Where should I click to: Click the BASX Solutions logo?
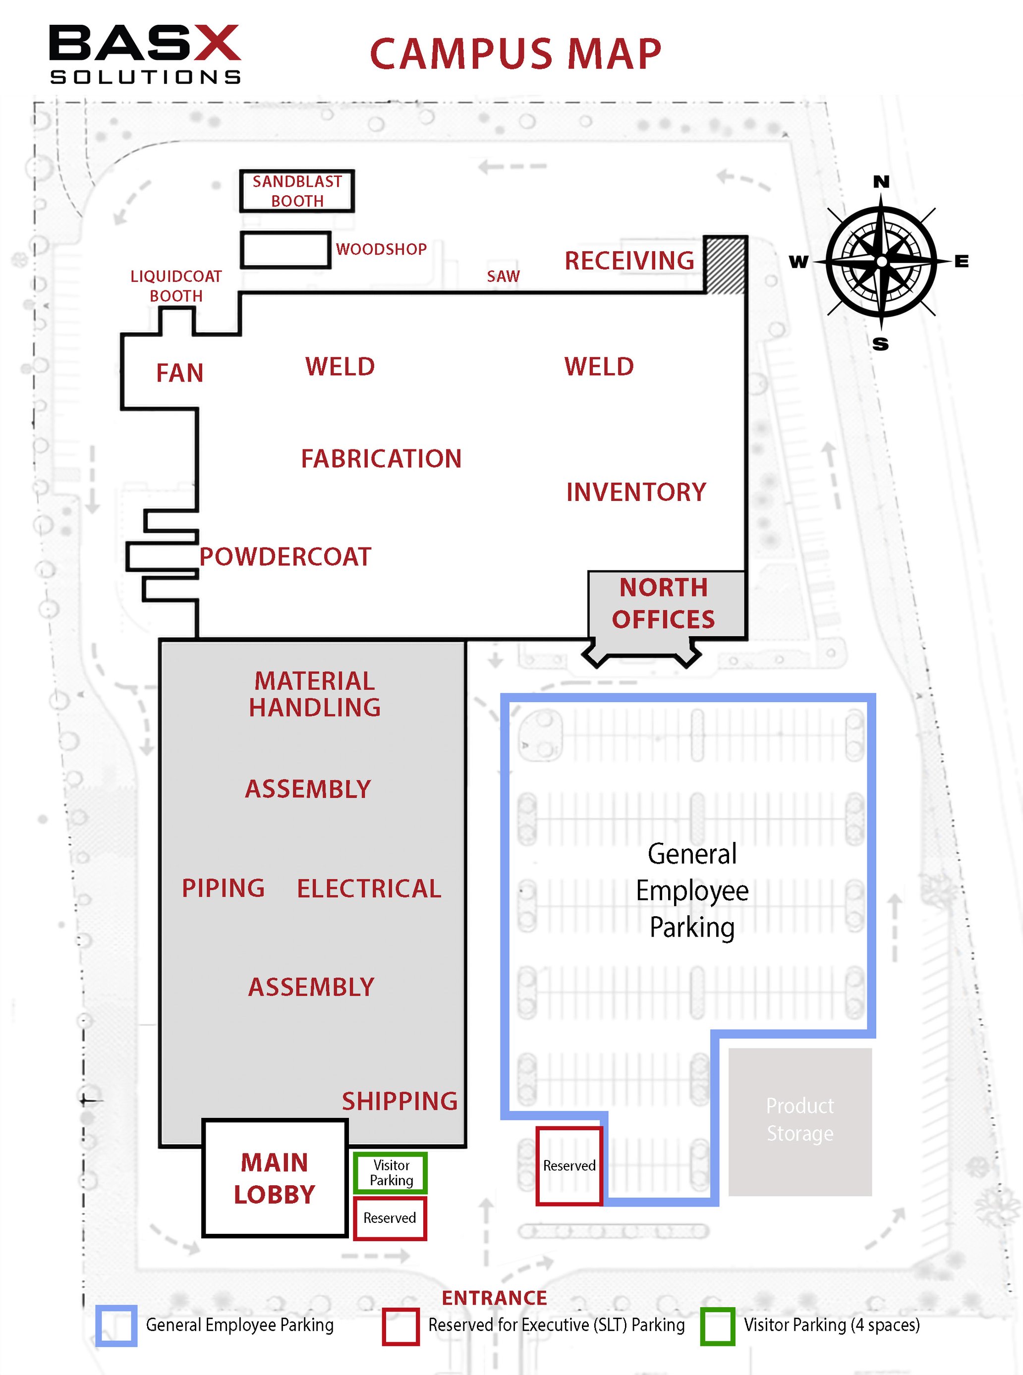[145, 54]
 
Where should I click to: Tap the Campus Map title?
[515, 54]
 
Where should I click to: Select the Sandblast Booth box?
[297, 191]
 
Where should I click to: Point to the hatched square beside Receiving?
[725, 266]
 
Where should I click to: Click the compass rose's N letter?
[881, 181]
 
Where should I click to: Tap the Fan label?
[179, 373]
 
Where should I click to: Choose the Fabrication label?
[381, 459]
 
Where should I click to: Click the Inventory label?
[636, 492]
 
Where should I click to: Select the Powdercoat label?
[285, 556]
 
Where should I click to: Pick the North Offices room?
[664, 604]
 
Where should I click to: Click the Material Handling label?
[315, 694]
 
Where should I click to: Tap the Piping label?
[223, 888]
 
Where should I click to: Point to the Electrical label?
[369, 888]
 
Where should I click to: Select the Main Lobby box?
[274, 1178]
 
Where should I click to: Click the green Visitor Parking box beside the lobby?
[391, 1172]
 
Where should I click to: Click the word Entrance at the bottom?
[494, 1298]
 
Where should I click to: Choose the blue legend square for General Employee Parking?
[116, 1325]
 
